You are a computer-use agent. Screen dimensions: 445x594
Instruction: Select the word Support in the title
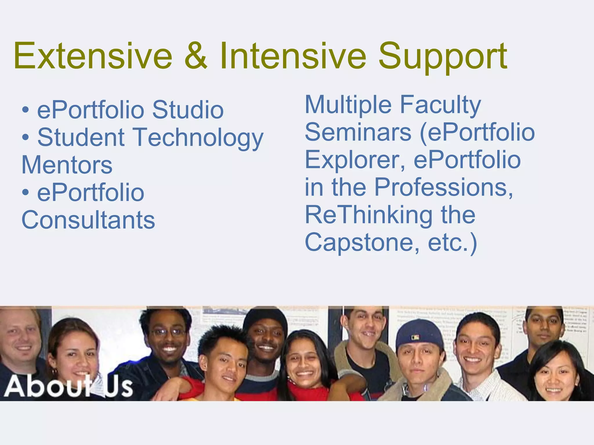pos(443,58)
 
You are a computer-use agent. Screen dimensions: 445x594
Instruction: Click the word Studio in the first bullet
pos(188,110)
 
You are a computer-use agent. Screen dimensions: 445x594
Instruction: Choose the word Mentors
pos(67,165)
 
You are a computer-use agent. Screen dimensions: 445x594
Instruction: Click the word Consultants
pos(88,220)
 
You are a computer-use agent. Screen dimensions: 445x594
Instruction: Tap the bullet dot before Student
pos(26,137)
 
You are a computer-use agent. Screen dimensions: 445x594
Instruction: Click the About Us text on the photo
pos(68,386)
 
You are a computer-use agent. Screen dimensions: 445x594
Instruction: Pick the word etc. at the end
pos(448,243)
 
